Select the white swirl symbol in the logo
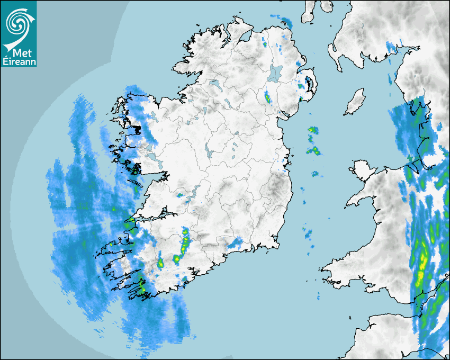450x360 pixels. pos(19,24)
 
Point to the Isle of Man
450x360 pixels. pos(355,102)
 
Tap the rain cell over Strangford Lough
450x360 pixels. pos(305,84)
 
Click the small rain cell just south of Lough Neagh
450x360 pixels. pos(267,97)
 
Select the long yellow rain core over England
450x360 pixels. pos(422,267)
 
